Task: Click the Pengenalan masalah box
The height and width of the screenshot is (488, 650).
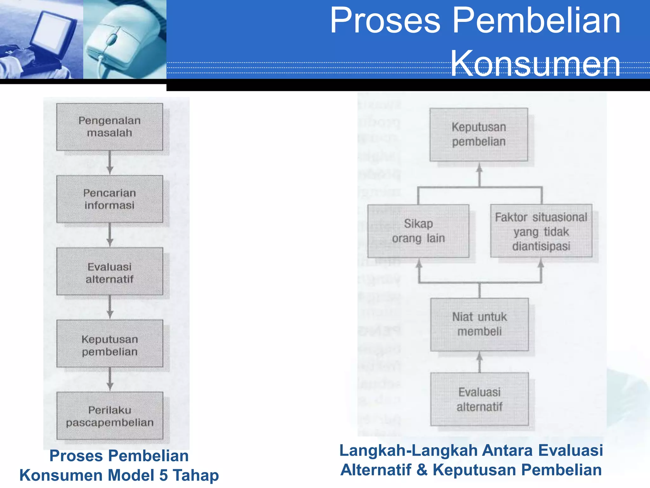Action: click(x=109, y=127)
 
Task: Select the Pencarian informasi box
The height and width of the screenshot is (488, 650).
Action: click(x=109, y=199)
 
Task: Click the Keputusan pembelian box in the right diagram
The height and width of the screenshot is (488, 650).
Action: click(x=479, y=134)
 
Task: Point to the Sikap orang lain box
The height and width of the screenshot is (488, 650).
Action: click(x=418, y=231)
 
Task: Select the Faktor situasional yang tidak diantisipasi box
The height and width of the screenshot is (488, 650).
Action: click(x=541, y=231)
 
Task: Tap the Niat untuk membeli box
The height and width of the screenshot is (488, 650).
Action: click(x=479, y=324)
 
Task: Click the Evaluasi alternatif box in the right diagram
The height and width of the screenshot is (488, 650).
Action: click(x=479, y=399)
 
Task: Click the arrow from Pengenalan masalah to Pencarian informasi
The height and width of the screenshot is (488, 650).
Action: click(x=110, y=163)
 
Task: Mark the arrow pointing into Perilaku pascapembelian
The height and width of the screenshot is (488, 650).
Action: click(x=110, y=379)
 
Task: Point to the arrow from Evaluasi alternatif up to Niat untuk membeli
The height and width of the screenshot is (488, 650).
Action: click(x=480, y=362)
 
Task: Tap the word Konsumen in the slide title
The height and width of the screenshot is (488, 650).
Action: click(x=535, y=64)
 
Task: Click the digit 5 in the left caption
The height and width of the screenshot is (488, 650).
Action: click(x=163, y=475)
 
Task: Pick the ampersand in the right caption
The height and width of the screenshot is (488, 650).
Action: click(x=422, y=470)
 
